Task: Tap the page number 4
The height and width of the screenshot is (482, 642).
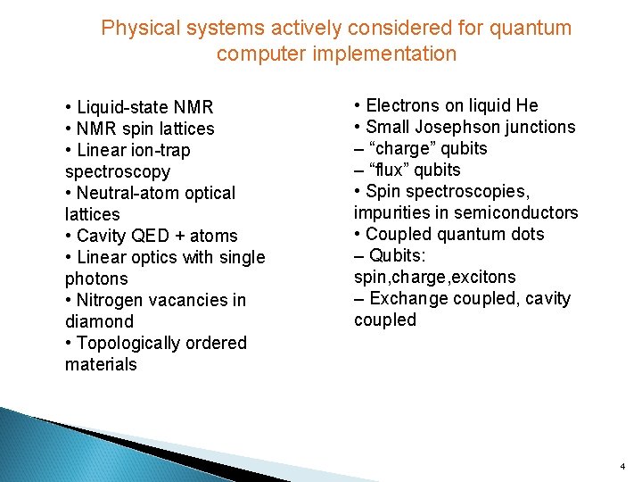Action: [x=622, y=466]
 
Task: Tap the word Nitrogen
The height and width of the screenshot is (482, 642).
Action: [x=114, y=300]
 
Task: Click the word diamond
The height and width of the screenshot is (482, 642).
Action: [x=99, y=321]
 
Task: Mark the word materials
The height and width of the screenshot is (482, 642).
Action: [x=101, y=364]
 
